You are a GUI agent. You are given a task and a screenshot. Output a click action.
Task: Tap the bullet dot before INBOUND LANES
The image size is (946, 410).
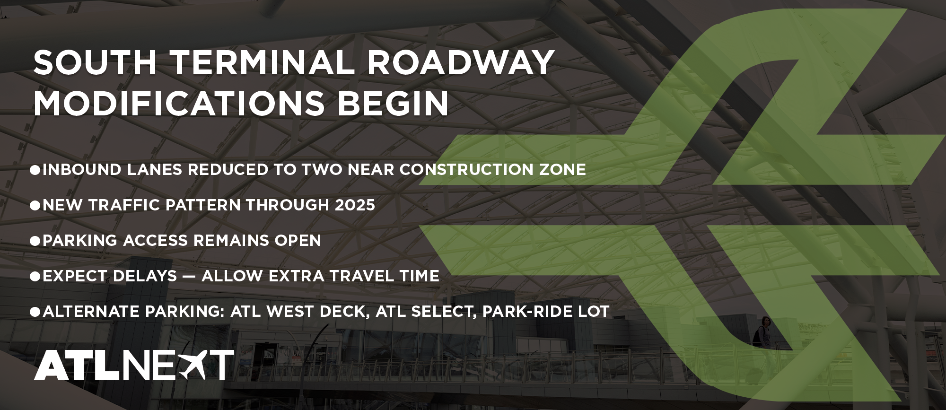35,169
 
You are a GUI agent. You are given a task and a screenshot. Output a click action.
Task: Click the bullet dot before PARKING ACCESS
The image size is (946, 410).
35,240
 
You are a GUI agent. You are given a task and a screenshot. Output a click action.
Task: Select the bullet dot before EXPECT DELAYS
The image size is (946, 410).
35,276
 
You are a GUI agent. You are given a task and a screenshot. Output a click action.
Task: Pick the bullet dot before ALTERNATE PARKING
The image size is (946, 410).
35,311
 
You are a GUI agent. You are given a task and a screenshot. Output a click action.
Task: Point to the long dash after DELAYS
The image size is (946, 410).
189,276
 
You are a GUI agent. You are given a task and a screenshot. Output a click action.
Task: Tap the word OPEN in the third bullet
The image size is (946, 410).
297,240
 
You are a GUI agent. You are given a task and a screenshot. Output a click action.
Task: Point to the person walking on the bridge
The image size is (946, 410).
762,333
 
